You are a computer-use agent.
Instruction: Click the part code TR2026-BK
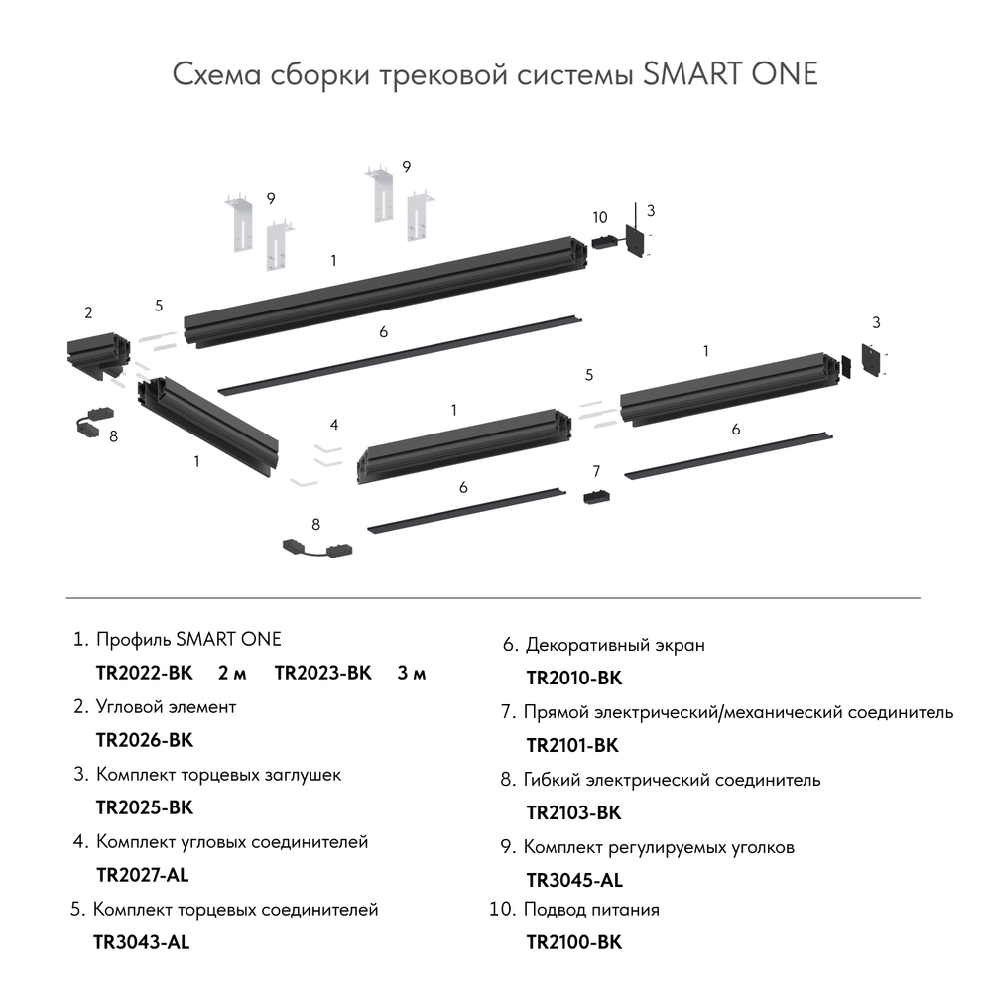[x=144, y=740]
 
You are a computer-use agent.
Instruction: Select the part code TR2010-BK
[x=573, y=679]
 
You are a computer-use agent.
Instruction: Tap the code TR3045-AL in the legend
[x=574, y=880]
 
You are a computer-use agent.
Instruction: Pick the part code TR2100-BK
[x=573, y=942]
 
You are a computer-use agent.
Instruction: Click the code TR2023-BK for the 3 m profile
[x=322, y=674]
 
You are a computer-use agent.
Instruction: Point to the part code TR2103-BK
[x=573, y=812]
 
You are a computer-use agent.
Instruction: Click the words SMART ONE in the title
[x=730, y=75]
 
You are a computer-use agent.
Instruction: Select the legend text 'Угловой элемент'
[x=167, y=707]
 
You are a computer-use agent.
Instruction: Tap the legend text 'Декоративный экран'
[x=615, y=645]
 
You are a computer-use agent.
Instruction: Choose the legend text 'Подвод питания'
[x=591, y=910]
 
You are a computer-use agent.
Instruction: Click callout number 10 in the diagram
[x=599, y=217]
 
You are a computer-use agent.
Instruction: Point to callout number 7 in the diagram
[x=596, y=470]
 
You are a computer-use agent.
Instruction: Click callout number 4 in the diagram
[x=335, y=425]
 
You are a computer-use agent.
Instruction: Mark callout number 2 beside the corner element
[x=88, y=313]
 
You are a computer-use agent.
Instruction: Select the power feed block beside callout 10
[x=602, y=241]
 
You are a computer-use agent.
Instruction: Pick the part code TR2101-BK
[x=573, y=746]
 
